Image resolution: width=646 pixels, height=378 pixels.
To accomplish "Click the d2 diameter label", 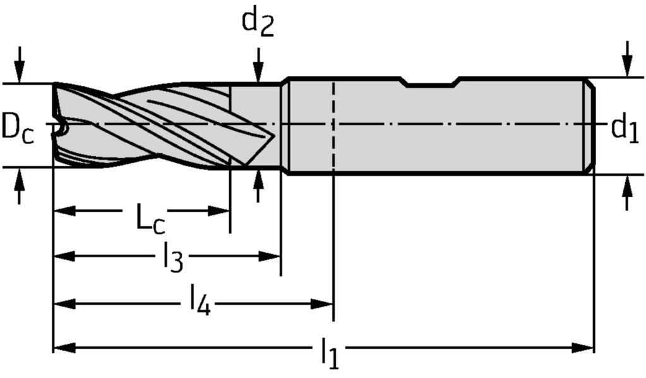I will pos(258,23).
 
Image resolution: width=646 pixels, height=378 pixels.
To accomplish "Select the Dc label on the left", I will pos(17,126).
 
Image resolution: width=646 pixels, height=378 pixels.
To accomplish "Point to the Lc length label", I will pos(151,219).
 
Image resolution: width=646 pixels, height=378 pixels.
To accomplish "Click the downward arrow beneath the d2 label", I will pos(258,69).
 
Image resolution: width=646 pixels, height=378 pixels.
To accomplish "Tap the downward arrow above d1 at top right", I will pos(626,63).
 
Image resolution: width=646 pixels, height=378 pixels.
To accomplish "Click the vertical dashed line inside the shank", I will pos(333,126).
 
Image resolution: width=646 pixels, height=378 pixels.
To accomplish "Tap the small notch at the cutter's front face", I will pos(61,128).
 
